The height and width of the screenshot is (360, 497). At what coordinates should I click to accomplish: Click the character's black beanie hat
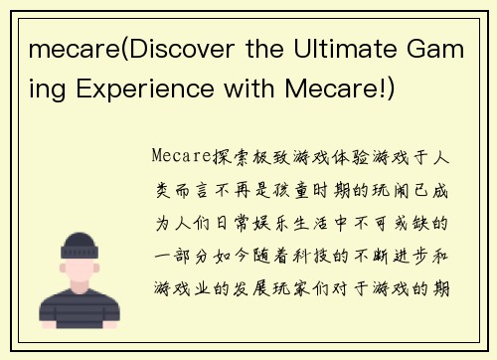pos(83,246)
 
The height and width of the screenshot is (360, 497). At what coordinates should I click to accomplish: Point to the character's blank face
pos(83,270)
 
